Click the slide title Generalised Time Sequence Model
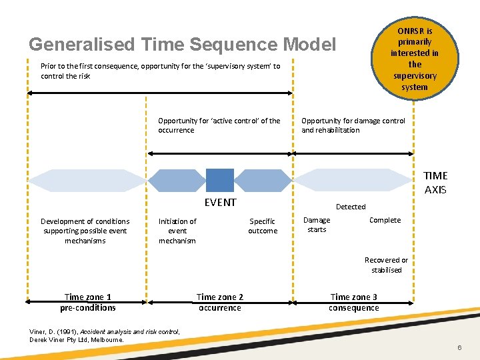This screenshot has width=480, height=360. coord(182,45)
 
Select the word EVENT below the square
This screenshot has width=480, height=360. coord(220,203)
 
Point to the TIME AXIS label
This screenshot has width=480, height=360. coord(435,183)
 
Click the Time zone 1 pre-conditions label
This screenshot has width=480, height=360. coord(87,303)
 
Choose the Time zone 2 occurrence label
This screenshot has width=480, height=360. coord(219,303)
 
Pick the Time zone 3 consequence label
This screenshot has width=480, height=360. coord(353,303)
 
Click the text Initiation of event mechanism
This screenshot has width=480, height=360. coord(177,231)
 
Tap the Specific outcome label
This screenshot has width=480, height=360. coord(263,226)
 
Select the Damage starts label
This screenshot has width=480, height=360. coord(317,225)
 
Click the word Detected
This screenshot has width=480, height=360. coord(350,207)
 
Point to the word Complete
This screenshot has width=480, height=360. coord(385,221)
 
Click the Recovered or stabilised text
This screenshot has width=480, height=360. coord(386,265)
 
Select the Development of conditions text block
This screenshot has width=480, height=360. coord(85,231)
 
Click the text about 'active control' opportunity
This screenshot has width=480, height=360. coord(219,125)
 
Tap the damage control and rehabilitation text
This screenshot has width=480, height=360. coord(353,125)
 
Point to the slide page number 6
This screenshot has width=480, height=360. coord(459,349)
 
